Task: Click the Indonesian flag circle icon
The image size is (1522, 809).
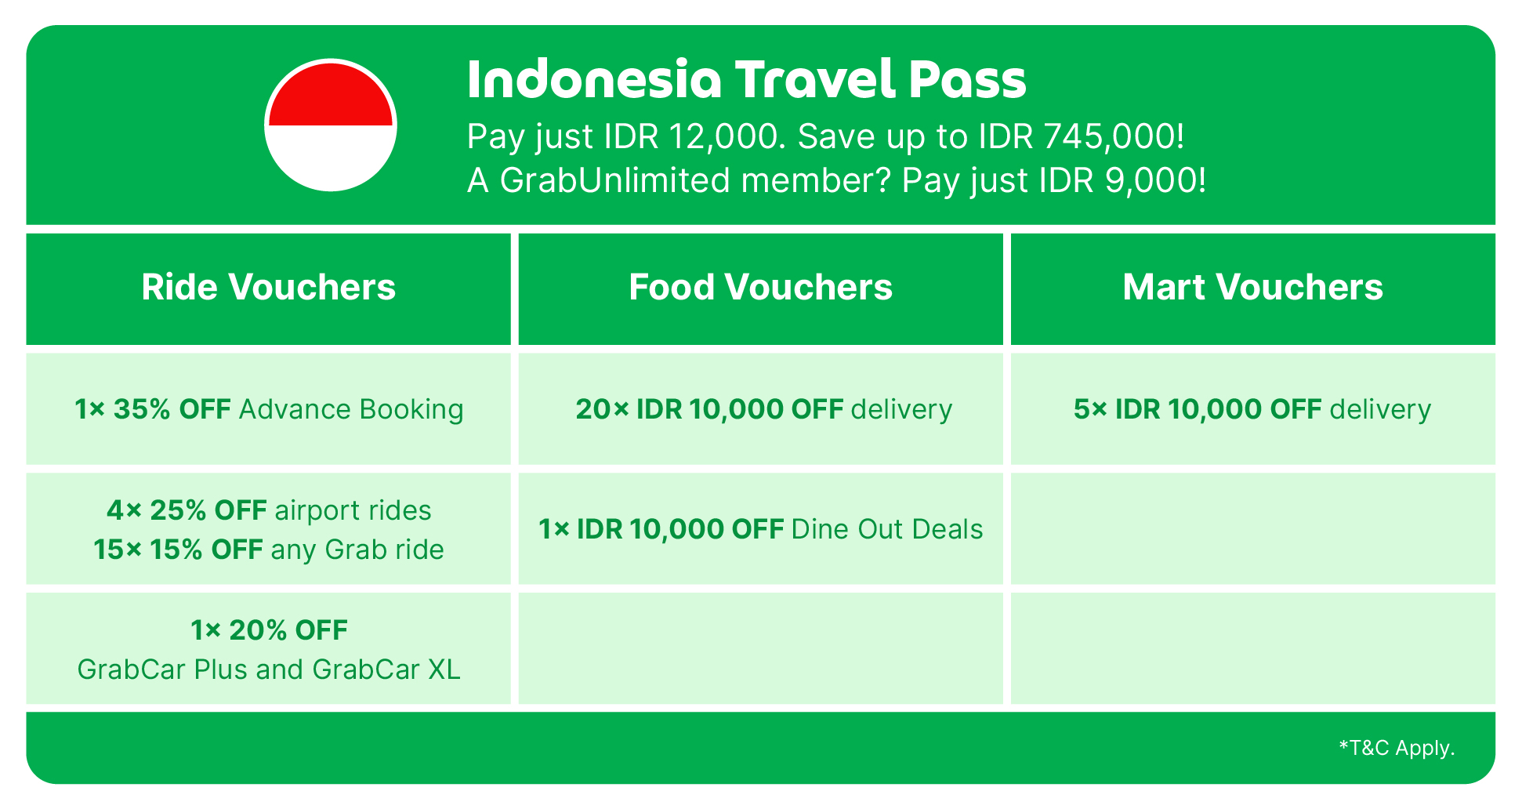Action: coord(331,125)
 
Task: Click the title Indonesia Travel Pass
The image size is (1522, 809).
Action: coord(746,79)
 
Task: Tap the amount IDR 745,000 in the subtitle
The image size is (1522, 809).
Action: coord(1081,136)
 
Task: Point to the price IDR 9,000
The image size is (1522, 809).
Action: coord(1122,180)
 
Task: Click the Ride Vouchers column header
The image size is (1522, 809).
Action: coord(269,287)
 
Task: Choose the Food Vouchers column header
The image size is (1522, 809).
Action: coord(760,287)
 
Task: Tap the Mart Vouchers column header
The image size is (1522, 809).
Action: coord(1252,287)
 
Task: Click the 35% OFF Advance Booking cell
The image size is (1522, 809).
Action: coord(269,409)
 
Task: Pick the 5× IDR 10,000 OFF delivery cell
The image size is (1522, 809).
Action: coord(1252,409)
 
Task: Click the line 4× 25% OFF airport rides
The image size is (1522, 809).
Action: coord(269,510)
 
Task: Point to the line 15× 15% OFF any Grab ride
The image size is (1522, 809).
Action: coord(269,550)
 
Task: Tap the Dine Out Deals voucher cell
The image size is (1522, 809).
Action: coord(760,529)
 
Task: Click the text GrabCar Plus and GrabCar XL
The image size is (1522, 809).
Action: coord(269,669)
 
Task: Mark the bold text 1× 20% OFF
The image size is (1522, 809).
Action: coord(269,629)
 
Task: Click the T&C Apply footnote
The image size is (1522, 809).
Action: coord(1397,748)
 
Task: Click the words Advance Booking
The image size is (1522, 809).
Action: coord(351,409)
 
